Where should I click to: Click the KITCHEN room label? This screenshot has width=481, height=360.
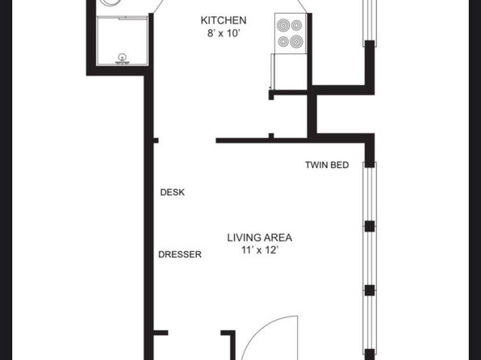click(x=224, y=20)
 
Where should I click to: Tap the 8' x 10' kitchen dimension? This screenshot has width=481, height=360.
click(x=223, y=33)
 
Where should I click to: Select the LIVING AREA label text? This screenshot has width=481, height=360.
click(x=260, y=237)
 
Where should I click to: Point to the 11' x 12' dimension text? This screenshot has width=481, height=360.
click(x=260, y=250)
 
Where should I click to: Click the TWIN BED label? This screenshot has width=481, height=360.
click(x=327, y=165)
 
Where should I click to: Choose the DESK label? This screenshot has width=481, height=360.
click(x=173, y=192)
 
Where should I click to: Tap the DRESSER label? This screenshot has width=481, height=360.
click(x=180, y=254)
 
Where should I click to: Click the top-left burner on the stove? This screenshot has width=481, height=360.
click(x=283, y=25)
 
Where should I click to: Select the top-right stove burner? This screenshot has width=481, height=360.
click(x=297, y=25)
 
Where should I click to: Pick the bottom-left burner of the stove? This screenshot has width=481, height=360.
click(x=282, y=41)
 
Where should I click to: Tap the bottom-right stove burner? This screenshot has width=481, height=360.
click(x=297, y=41)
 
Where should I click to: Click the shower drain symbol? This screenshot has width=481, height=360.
click(x=122, y=57)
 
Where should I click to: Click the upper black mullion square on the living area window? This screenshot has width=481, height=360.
click(x=370, y=226)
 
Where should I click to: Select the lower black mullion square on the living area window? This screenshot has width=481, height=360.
click(x=370, y=290)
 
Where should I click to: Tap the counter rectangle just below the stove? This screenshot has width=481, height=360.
click(x=289, y=72)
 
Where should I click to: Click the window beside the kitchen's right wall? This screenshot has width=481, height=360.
click(x=370, y=22)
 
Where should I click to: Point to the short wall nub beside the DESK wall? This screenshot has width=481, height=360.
click(x=156, y=140)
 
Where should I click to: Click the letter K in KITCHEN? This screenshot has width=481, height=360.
click(x=203, y=20)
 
